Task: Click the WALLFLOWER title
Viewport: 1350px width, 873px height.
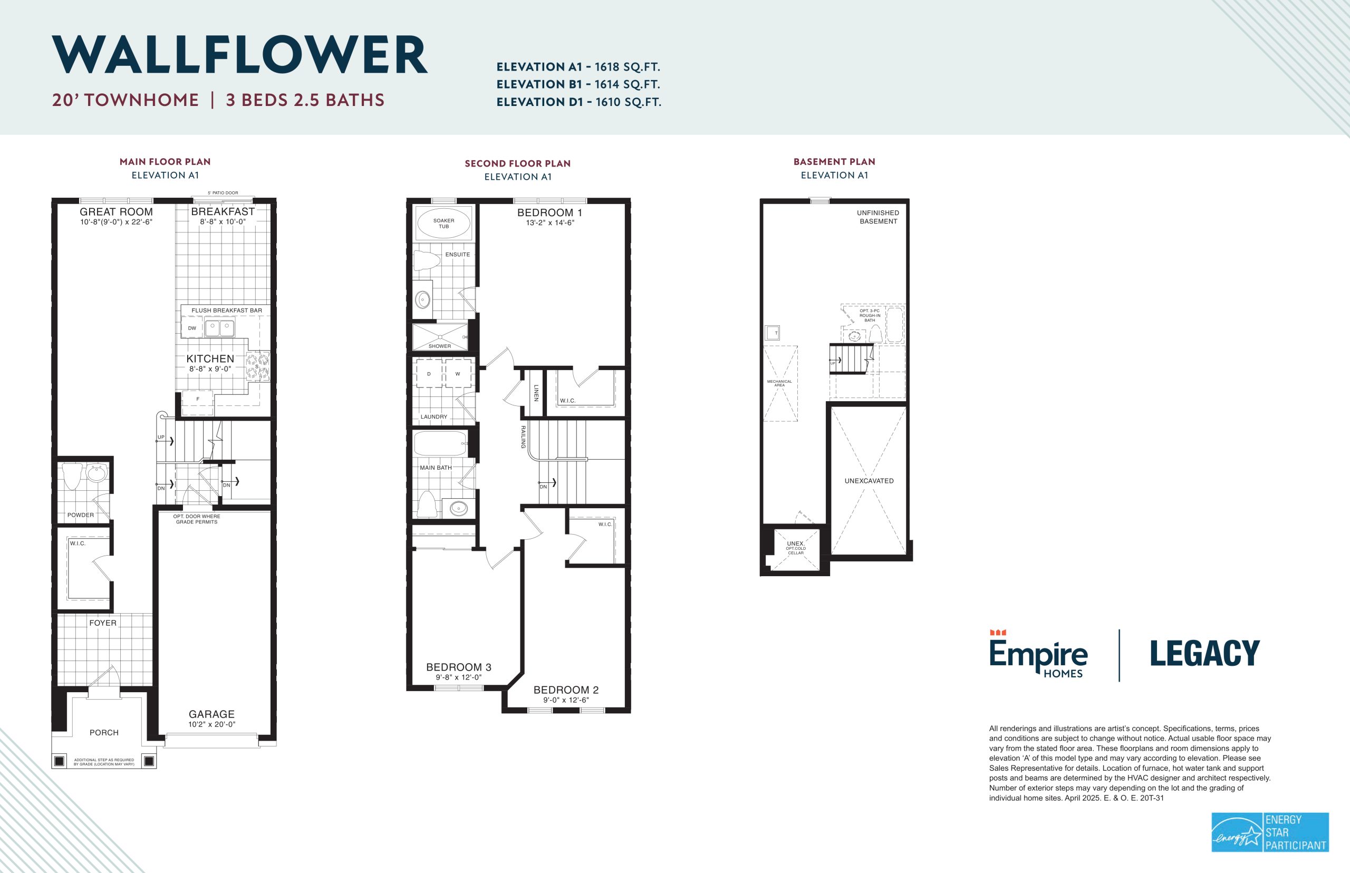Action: coord(240,54)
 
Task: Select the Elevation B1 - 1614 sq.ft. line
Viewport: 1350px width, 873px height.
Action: coord(578,84)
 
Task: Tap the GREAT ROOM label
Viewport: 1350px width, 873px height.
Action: coord(116,211)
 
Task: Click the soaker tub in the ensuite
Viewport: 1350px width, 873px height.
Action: coord(443,224)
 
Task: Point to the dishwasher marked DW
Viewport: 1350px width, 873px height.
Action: coord(192,328)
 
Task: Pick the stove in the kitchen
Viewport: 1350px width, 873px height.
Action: coord(257,366)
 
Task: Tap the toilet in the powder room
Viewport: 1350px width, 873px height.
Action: coord(73,476)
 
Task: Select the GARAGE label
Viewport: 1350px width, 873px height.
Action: coord(211,714)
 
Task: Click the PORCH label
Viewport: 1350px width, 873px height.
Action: coord(104,732)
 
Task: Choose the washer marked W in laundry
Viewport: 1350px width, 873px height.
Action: coord(458,374)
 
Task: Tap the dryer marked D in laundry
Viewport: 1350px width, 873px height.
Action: coord(429,374)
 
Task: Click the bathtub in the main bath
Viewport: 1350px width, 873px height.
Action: coord(440,444)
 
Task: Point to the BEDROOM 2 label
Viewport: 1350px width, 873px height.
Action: coord(566,690)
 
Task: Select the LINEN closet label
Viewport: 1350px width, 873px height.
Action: coord(536,393)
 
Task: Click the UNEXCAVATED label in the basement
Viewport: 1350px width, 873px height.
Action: coord(869,481)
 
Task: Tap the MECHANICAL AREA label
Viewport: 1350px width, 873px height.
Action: coord(779,383)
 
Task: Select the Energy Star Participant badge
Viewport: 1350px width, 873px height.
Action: coord(1270,832)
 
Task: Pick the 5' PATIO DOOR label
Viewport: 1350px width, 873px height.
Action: coord(223,193)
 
